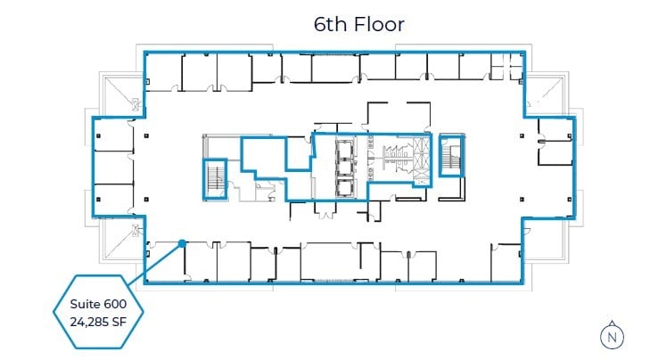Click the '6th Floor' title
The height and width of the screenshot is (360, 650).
click(359, 24)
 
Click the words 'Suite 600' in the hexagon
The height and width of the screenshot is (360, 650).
click(98, 304)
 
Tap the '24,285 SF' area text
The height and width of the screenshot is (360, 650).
click(98, 322)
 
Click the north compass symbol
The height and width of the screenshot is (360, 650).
click(612, 335)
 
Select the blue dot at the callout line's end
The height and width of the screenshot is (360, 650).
click(182, 241)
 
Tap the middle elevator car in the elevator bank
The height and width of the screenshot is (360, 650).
click(343, 167)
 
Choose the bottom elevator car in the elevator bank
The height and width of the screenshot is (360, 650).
click(343, 186)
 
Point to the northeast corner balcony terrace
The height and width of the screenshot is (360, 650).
click(546, 94)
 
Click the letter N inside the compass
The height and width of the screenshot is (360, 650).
click(612, 338)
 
